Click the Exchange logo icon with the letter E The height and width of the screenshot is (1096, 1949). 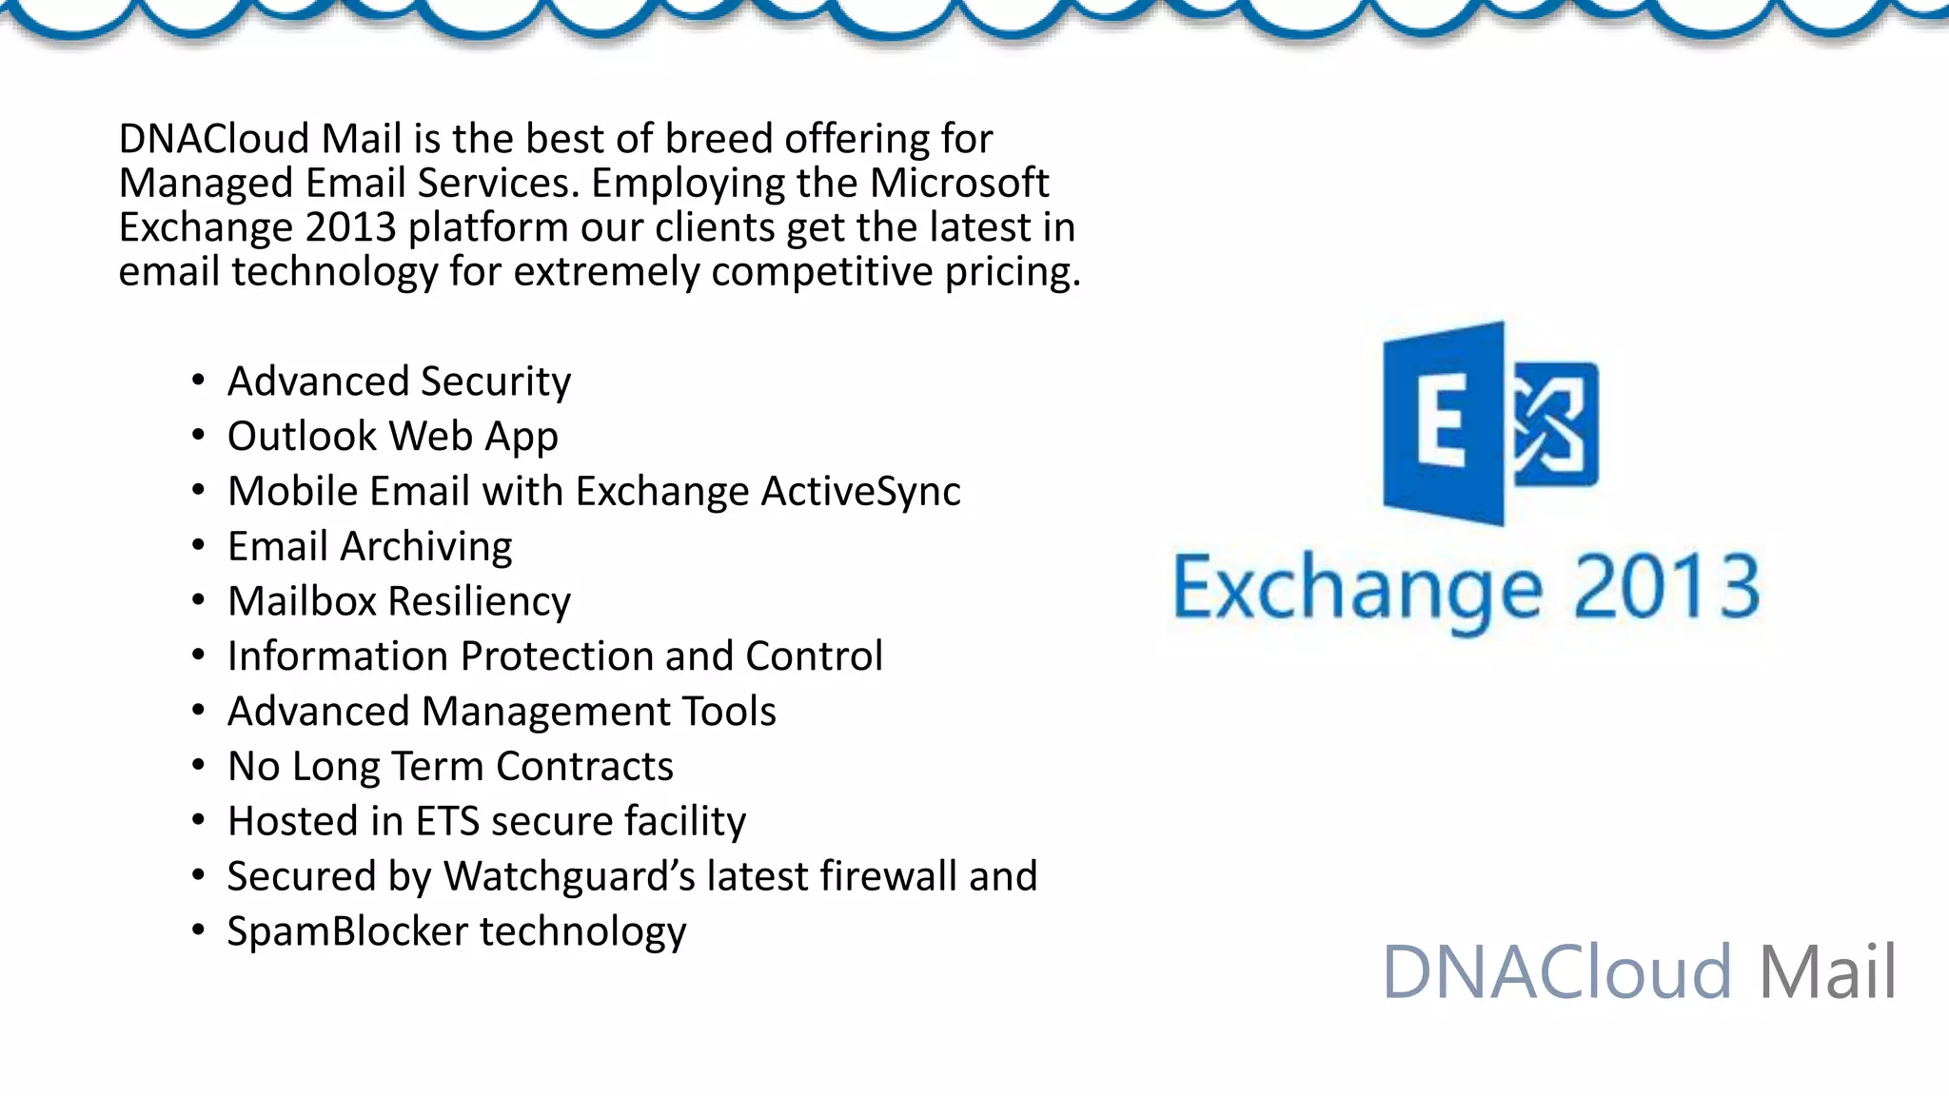click(1490, 423)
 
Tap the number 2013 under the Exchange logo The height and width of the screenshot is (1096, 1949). click(1665, 588)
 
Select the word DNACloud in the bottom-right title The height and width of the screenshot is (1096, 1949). click(1556, 971)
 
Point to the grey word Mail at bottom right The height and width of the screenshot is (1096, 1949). click(1827, 971)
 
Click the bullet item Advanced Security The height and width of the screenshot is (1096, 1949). click(399, 382)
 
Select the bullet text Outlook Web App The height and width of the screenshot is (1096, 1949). click(392, 437)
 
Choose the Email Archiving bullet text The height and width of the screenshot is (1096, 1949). click(369, 547)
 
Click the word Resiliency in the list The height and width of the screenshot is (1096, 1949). click(479, 601)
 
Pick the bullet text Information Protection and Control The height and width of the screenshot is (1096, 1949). click(555, 656)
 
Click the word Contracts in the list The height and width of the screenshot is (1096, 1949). click(584, 767)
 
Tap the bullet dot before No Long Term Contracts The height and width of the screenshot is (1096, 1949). click(198, 765)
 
